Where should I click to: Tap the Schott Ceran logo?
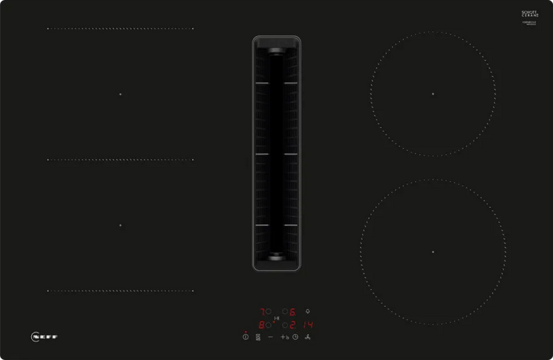(x=529, y=16)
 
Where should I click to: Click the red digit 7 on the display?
(x=261, y=312)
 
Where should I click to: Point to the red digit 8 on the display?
(x=261, y=324)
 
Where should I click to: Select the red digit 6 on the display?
(x=292, y=312)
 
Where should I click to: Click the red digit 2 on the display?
(x=292, y=324)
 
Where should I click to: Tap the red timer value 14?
(x=307, y=324)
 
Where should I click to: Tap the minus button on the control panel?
(x=270, y=337)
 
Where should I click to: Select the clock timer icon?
(x=295, y=337)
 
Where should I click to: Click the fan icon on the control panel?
(x=308, y=337)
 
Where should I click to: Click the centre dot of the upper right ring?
(x=433, y=93)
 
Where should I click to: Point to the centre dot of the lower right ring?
(x=433, y=252)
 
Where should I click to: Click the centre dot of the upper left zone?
(x=120, y=94)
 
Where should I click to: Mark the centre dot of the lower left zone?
(x=120, y=225)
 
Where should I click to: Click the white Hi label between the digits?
(x=276, y=318)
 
